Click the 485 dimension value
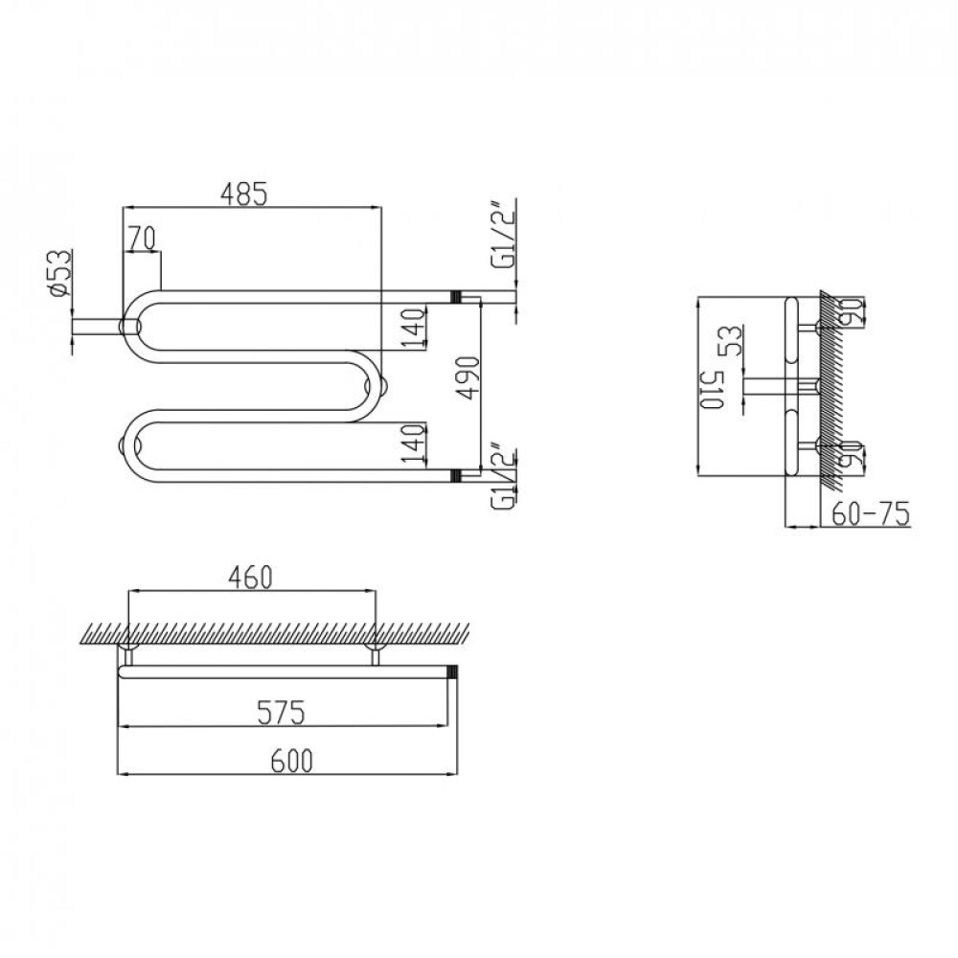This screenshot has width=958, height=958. pos(243,194)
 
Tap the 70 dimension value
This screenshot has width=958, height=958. pos(142,239)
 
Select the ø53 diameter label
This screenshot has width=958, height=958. pos(59,274)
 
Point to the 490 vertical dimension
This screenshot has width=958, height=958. pos(468,377)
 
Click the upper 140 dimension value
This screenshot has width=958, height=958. pos(414,328)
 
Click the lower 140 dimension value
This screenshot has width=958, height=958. pos(414,443)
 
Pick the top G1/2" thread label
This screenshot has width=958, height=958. pos(504,235)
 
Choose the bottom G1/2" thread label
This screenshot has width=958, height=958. pos(504,481)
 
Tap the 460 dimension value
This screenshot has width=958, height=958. pos(249,578)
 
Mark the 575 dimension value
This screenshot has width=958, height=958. pos(281,713)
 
